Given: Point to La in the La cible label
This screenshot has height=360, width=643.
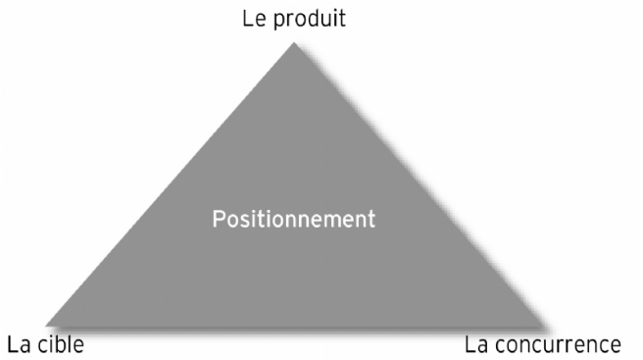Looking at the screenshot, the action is tap(19, 344).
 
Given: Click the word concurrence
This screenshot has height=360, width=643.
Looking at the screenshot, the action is tap(558, 344).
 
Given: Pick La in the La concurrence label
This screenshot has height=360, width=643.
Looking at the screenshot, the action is tap(475, 344).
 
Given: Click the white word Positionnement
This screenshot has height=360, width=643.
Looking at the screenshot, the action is tap(292, 217).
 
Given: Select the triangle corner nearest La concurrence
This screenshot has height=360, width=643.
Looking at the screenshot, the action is tap(541, 323).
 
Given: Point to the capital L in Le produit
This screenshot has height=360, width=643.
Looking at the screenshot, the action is tap(249, 19).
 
